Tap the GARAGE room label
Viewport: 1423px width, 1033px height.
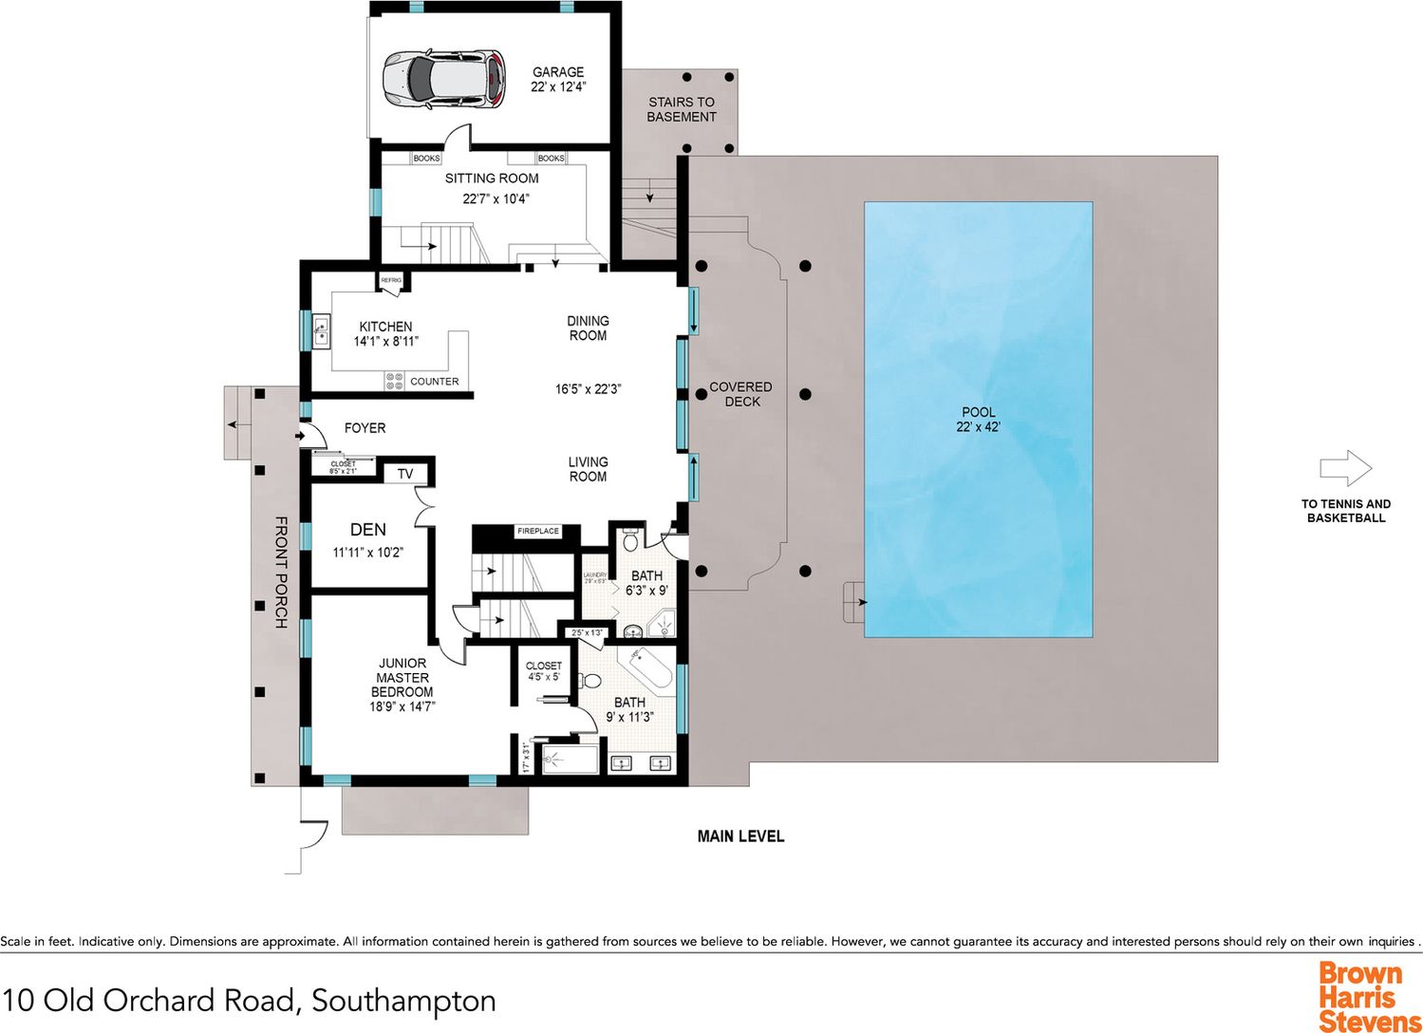558,72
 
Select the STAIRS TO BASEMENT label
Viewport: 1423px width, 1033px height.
682,109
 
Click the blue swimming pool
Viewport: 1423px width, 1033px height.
978,419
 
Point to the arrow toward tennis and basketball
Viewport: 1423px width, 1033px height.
1345,468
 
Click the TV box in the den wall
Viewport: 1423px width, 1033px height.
405,474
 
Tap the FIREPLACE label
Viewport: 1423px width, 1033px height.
538,531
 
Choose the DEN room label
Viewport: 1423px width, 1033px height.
368,530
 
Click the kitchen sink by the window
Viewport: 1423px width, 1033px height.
321,330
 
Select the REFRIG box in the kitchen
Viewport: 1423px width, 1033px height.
391,281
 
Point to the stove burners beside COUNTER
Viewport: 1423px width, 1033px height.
394,381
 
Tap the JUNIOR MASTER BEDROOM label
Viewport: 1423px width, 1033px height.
403,678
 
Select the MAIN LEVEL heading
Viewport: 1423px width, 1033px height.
740,836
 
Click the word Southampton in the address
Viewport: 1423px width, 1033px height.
403,1001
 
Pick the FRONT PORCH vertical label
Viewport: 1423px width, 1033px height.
281,573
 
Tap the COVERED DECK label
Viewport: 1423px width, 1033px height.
740,394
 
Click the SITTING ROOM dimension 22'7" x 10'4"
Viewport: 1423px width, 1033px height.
496,199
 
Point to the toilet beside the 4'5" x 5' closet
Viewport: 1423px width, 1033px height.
590,681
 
